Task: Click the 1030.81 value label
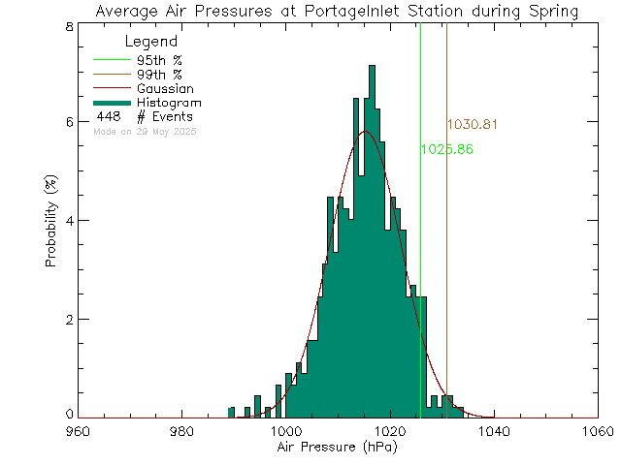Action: pyautogui.click(x=473, y=125)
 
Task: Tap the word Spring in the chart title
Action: pyautogui.click(x=554, y=12)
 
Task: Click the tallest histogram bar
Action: pyautogui.click(x=372, y=242)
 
